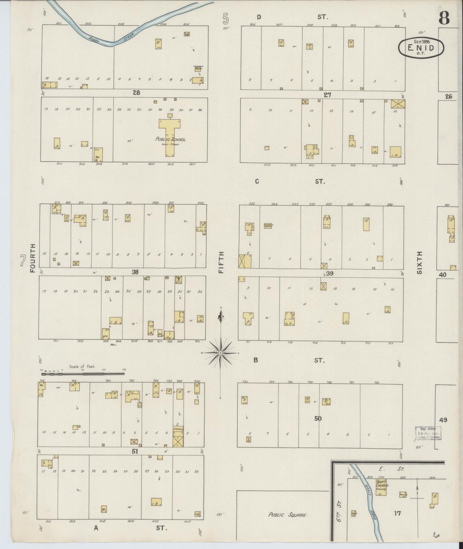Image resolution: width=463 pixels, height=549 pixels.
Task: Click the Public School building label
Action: (x=170, y=139)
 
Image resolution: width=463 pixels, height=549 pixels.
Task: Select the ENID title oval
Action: (x=421, y=48)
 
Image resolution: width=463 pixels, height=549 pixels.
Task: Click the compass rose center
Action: (x=220, y=353)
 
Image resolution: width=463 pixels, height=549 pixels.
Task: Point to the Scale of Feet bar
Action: (x=83, y=373)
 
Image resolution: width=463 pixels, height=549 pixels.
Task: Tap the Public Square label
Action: (x=288, y=515)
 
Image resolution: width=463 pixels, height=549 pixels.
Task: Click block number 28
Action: (x=136, y=93)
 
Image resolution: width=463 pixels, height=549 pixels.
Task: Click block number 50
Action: (x=318, y=418)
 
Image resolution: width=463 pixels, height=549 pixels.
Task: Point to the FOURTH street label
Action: (x=32, y=258)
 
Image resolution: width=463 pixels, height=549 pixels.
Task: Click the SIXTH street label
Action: (x=420, y=262)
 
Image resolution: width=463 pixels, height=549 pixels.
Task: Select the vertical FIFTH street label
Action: (x=221, y=262)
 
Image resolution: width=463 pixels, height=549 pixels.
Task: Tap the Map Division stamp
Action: (x=428, y=433)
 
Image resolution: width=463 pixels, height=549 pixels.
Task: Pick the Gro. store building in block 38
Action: (x=106, y=334)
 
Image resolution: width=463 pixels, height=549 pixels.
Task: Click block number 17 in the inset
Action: (x=397, y=513)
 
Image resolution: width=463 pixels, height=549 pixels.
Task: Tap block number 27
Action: (x=327, y=95)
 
